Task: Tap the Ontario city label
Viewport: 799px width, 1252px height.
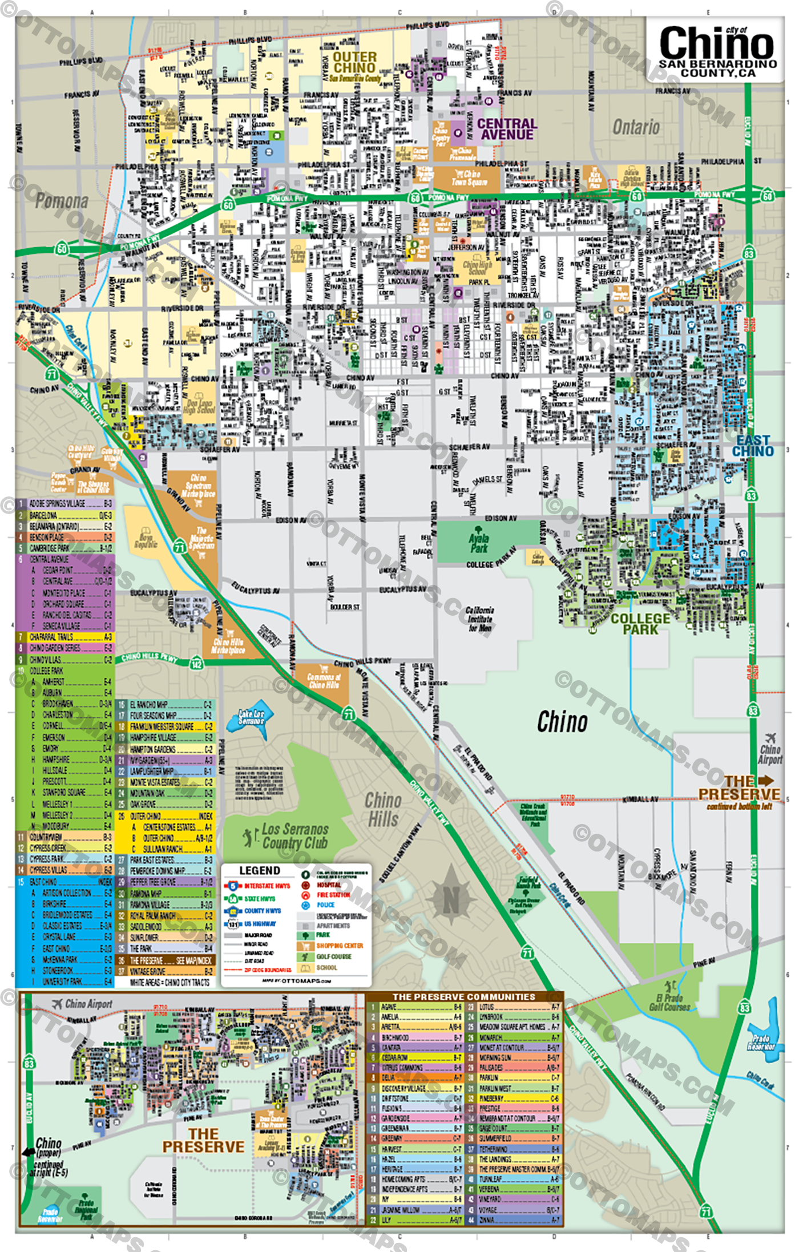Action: tap(636, 127)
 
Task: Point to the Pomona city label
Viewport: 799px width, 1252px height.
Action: tap(62, 201)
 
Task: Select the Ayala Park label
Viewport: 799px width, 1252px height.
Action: tap(479, 543)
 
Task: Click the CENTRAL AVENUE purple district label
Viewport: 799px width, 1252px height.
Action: tap(507, 129)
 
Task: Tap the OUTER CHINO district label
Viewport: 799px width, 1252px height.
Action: tap(354, 62)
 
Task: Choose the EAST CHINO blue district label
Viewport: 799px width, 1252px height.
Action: tap(753, 446)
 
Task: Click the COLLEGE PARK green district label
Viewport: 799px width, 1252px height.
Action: tap(640, 624)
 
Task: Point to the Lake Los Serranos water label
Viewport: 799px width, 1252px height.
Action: tap(251, 717)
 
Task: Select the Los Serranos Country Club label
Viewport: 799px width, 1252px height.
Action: tap(294, 836)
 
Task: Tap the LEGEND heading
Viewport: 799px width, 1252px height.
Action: tap(260, 870)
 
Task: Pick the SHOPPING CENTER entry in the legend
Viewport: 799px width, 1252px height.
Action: tap(340, 946)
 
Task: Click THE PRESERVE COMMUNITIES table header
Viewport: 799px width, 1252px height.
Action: tap(463, 997)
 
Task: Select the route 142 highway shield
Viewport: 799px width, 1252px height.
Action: tap(196, 664)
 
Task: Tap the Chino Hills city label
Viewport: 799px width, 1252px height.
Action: tap(383, 809)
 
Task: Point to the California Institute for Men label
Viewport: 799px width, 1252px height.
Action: tap(480, 619)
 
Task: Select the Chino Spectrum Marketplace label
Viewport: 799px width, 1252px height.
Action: tap(199, 486)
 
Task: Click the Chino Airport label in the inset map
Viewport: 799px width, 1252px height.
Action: tap(88, 1004)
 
